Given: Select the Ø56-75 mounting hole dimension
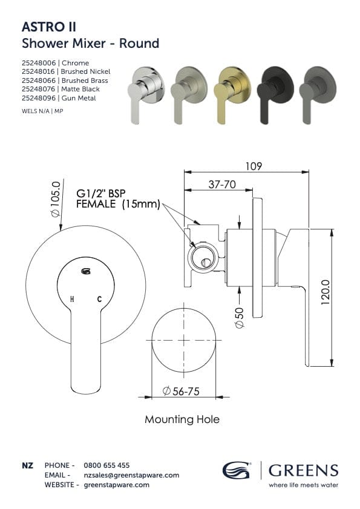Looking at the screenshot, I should tap(182, 392).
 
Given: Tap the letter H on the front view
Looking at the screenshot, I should tap(73, 299).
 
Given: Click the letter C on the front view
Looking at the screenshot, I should tap(99, 299).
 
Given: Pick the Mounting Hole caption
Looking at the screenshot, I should tap(182, 419).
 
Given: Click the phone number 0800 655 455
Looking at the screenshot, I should tap(106, 465).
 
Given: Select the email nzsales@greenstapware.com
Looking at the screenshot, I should tap(131, 475).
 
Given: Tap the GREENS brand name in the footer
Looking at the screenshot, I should tap(303, 470).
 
